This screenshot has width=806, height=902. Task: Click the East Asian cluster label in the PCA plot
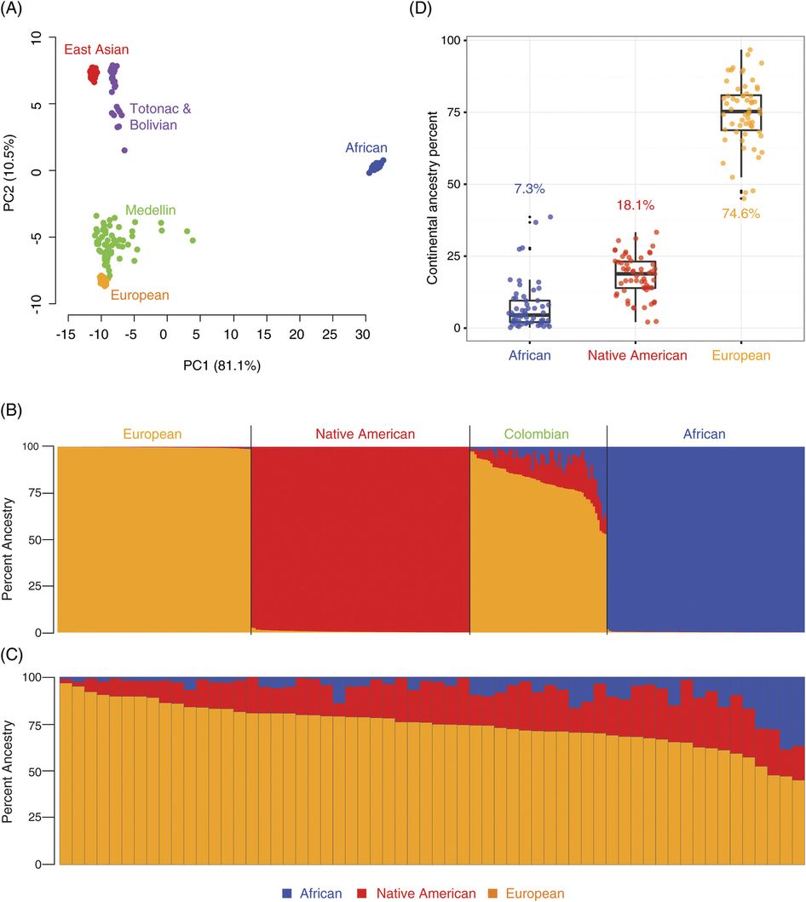[96, 49]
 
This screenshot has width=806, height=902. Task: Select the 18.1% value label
[634, 205]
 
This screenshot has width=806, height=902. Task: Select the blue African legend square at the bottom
[287, 893]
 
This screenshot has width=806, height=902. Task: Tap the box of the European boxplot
[740, 112]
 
